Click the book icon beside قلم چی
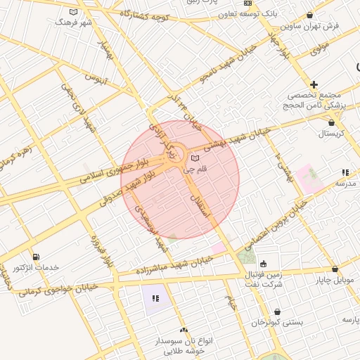195,157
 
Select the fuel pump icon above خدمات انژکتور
36,256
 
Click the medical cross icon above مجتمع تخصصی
314,84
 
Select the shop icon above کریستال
331,123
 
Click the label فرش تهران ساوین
310,26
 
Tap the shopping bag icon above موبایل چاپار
335,269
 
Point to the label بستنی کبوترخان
278,322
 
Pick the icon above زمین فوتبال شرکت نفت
263,264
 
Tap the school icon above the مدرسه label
345,172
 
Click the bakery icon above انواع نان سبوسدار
184,330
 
